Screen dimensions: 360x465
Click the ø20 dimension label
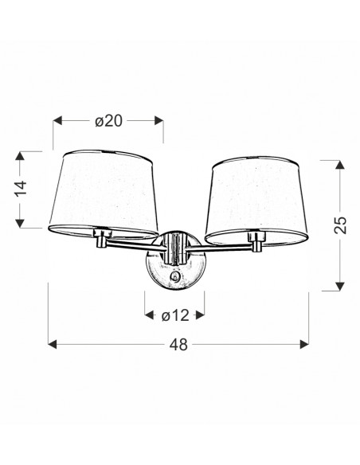pyautogui.click(x=108, y=121)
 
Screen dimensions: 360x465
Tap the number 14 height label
pyautogui.click(x=21, y=189)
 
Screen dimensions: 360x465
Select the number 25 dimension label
pyautogui.click(x=340, y=225)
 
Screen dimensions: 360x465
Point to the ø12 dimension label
pyautogui.click(x=175, y=315)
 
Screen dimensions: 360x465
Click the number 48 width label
pyautogui.click(x=178, y=345)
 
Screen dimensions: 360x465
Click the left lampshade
pyautogui.click(x=104, y=194)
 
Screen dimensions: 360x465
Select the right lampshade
pyautogui.click(x=256, y=200)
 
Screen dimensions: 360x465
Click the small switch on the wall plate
pyautogui.click(x=175, y=277)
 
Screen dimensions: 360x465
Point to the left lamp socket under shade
pyautogui.click(x=101, y=237)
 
